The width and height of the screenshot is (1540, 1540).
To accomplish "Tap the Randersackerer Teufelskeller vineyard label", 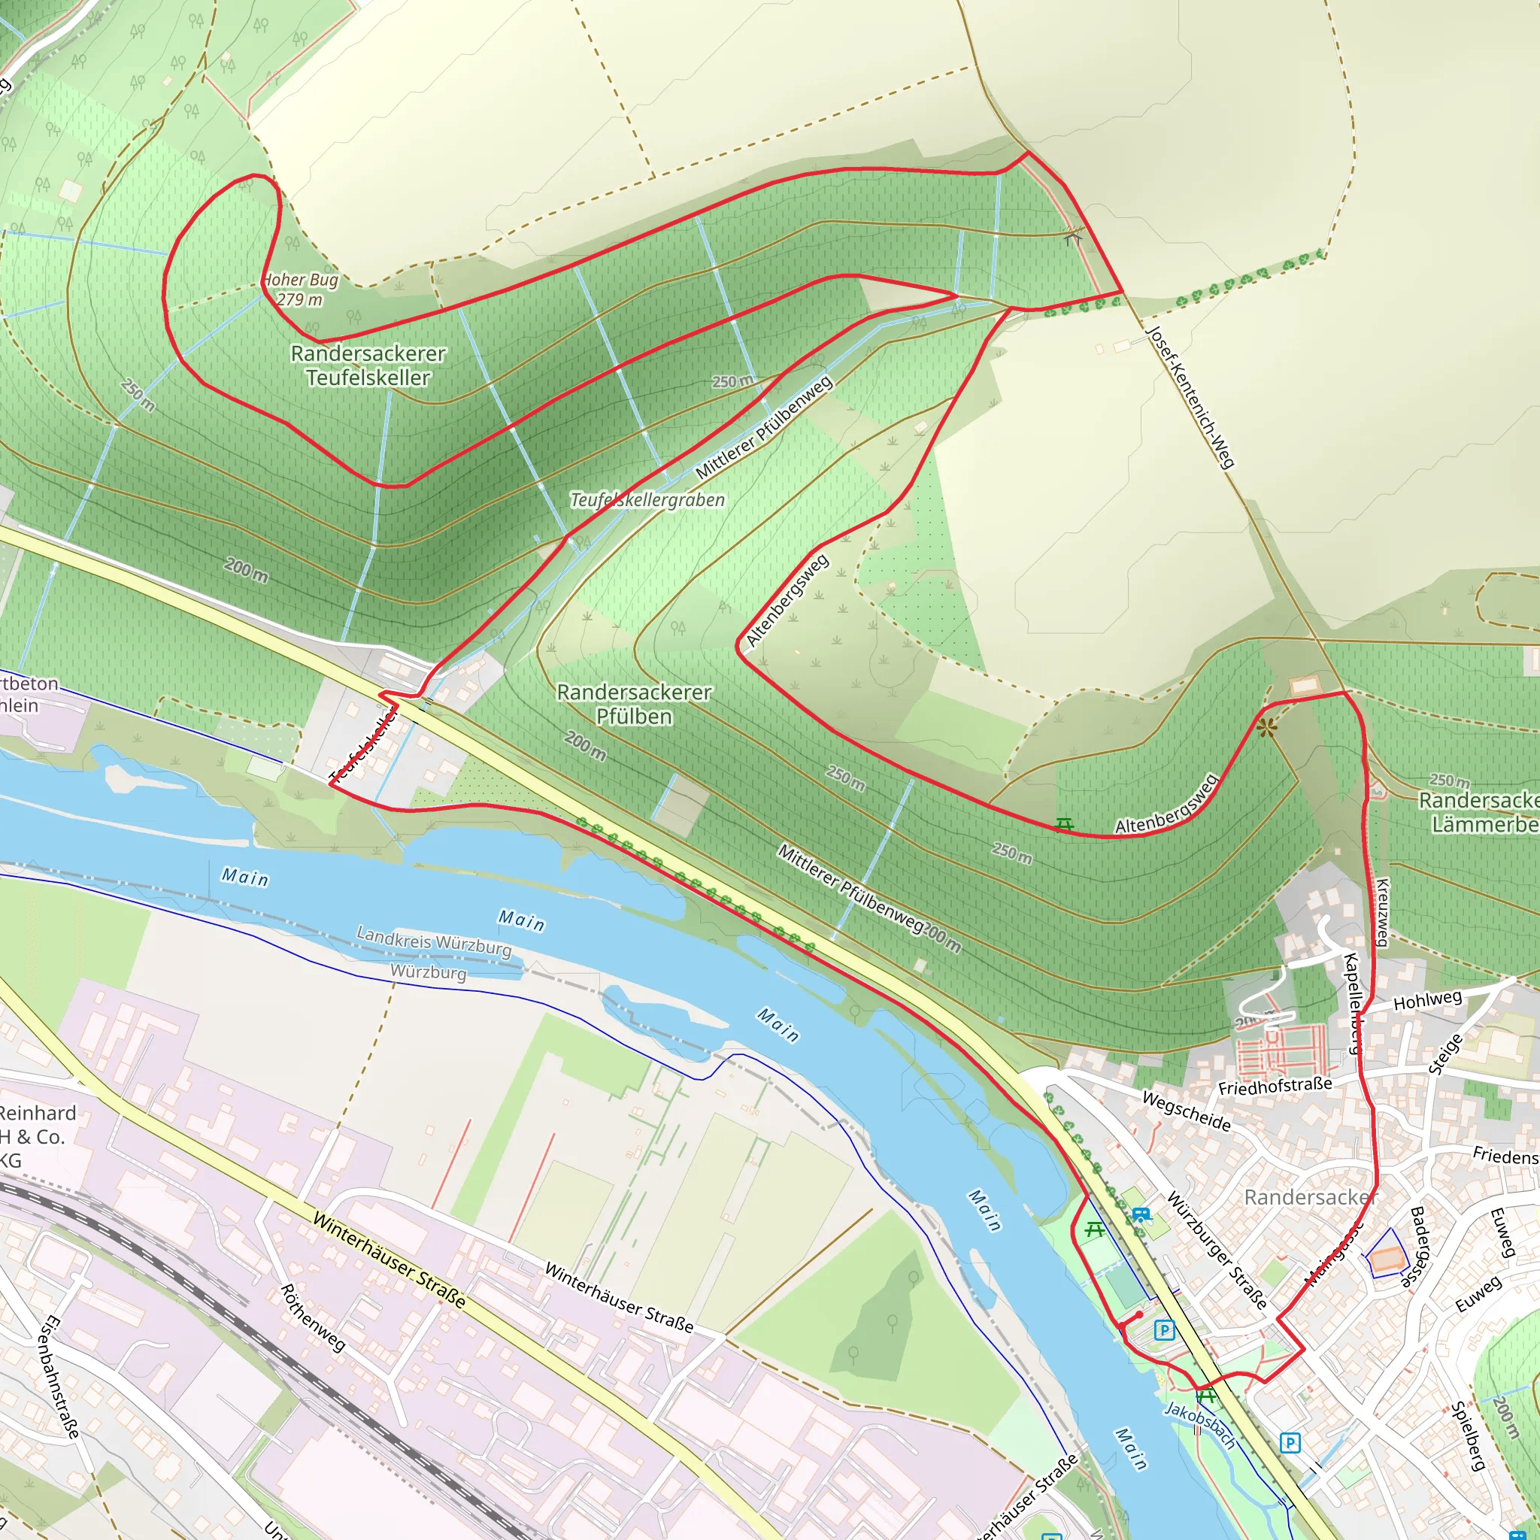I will (368, 365).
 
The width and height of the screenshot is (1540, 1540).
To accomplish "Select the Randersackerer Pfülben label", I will (634, 704).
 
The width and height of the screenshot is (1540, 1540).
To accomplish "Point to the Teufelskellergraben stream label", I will (647, 500).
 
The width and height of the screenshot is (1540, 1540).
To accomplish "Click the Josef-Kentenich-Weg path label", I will (1190, 396).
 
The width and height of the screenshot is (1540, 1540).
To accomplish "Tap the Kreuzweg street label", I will (1384, 912).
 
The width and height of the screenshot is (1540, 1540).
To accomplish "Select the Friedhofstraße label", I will (1275, 1086).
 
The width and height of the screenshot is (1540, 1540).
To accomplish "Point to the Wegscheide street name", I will (1186, 1111).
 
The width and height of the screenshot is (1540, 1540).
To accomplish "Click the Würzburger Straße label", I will (1217, 1250).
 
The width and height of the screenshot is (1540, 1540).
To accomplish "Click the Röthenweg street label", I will (313, 1317).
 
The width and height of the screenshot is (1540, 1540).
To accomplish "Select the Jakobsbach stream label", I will (1200, 1424).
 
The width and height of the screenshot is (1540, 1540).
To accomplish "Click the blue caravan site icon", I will (1141, 1216).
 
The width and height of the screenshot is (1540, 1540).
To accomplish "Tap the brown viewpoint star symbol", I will (1267, 728).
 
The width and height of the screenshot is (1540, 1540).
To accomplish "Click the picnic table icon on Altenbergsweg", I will (1064, 824).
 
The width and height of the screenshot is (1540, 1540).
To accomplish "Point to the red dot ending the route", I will (1140, 1314).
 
